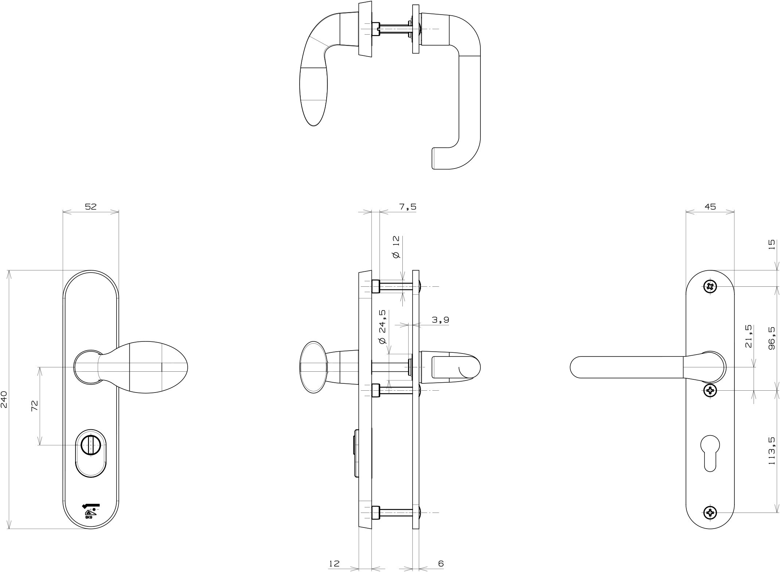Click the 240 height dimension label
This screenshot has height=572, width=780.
click(4, 400)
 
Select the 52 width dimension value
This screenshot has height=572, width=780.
click(91, 206)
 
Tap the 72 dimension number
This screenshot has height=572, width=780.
click(35, 406)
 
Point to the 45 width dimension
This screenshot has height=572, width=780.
click(710, 206)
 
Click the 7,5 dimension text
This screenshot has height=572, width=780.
click(407, 207)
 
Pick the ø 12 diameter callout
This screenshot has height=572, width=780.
click(396, 247)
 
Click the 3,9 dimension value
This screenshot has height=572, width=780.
click(440, 320)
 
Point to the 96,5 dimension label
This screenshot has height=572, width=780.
click(771, 338)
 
